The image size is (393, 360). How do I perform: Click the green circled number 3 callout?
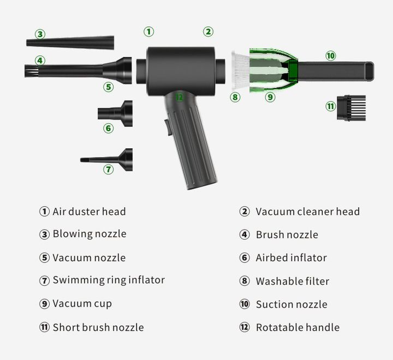click(x=40, y=34)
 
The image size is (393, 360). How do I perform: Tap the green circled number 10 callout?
click(x=331, y=56)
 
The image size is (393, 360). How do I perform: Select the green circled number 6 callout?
click(x=108, y=128)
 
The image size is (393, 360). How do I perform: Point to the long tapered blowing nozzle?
click(x=70, y=43)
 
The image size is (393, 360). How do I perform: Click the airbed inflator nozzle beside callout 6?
click(x=115, y=113)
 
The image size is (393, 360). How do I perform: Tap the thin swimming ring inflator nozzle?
click(x=106, y=160)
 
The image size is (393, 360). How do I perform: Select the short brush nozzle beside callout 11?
click(x=351, y=108)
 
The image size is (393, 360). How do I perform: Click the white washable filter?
click(x=240, y=70)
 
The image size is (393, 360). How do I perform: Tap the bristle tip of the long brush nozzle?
click(x=31, y=71)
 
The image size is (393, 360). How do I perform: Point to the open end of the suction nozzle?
click(x=369, y=71)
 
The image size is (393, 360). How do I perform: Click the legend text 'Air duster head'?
click(x=89, y=212)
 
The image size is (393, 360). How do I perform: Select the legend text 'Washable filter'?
click(x=293, y=281)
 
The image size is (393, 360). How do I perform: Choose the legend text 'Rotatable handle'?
click(x=298, y=327)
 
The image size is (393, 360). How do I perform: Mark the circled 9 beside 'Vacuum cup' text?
click(x=44, y=304)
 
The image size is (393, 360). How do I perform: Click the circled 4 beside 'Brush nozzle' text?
click(x=245, y=235)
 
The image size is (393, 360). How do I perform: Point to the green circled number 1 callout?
click(x=148, y=32)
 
